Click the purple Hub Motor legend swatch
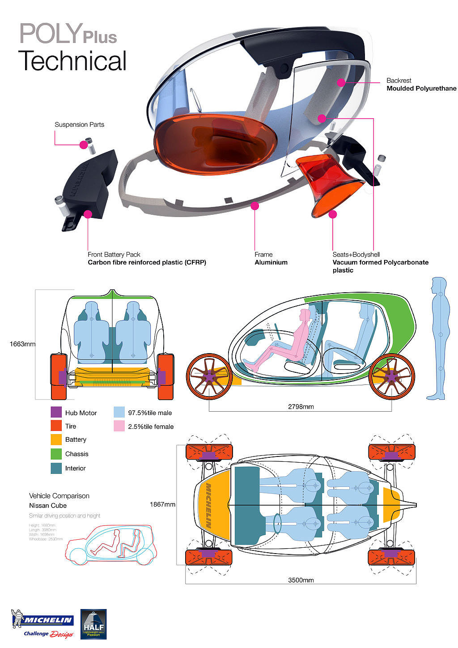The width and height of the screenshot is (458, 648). pos(56,412)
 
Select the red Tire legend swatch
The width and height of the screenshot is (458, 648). pos(56,426)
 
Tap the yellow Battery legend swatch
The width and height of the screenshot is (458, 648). pos(56,439)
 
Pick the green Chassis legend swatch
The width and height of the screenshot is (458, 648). pos(56,454)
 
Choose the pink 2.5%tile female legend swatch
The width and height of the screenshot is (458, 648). pos(119,426)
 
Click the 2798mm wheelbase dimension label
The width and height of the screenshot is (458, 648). pos(301,407)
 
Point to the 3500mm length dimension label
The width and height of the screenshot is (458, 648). pos(301,580)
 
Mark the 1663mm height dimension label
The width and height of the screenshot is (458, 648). pos(22,344)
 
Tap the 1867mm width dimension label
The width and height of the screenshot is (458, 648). pos(162,504)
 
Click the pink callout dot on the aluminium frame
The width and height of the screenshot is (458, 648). pos(255,206)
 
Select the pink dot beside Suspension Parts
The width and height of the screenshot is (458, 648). pos(83,145)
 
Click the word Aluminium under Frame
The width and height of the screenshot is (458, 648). pos(271,263)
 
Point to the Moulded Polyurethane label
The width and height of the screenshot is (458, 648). pos(421,89)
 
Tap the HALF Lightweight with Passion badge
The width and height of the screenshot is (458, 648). pos(93,624)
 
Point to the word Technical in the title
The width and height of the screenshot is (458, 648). pos(72,61)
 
